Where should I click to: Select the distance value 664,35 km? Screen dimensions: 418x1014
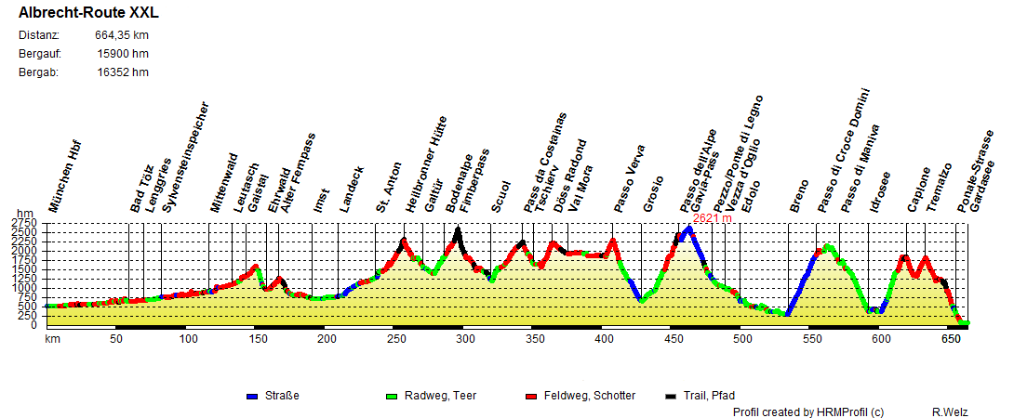click(x=122, y=35)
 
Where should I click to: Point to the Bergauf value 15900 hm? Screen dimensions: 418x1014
click(x=123, y=54)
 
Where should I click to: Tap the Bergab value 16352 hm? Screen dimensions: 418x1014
click(x=123, y=72)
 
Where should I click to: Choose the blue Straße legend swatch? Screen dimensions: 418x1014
click(x=252, y=397)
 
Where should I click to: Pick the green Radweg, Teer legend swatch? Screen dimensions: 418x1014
click(x=392, y=397)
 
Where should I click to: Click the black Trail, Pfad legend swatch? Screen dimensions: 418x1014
click(x=671, y=397)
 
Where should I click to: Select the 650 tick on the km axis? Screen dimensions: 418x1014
click(x=952, y=339)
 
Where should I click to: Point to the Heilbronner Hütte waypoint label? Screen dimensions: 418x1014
click(x=426, y=165)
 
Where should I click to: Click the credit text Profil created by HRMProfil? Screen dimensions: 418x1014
click(x=807, y=411)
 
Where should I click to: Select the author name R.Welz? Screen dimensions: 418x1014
click(x=949, y=411)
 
